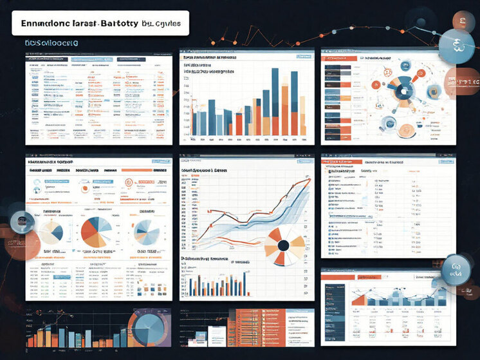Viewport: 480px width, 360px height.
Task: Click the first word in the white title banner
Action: coord(49,24)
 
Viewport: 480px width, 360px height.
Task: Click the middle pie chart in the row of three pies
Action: coord(97,232)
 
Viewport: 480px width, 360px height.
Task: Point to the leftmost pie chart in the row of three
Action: coord(48,232)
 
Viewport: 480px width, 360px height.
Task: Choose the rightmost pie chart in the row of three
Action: coord(147,232)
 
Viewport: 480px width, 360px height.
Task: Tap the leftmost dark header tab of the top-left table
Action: coord(40,57)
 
